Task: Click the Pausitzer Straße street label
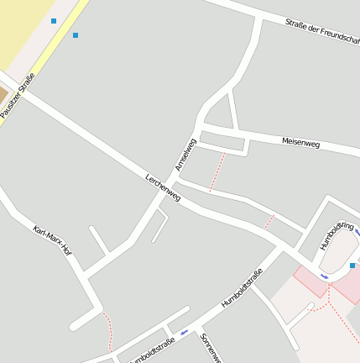18,95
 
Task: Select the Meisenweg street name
300,143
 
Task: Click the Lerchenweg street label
163,187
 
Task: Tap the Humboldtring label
337,232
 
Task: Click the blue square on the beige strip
54,21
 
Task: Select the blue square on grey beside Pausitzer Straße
76,35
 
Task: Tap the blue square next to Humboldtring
352,266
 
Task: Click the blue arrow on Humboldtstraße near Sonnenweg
184,332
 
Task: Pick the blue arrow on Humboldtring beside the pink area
324,276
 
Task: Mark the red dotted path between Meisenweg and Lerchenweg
217,172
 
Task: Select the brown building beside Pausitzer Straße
3,93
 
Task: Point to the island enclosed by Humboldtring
337,252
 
